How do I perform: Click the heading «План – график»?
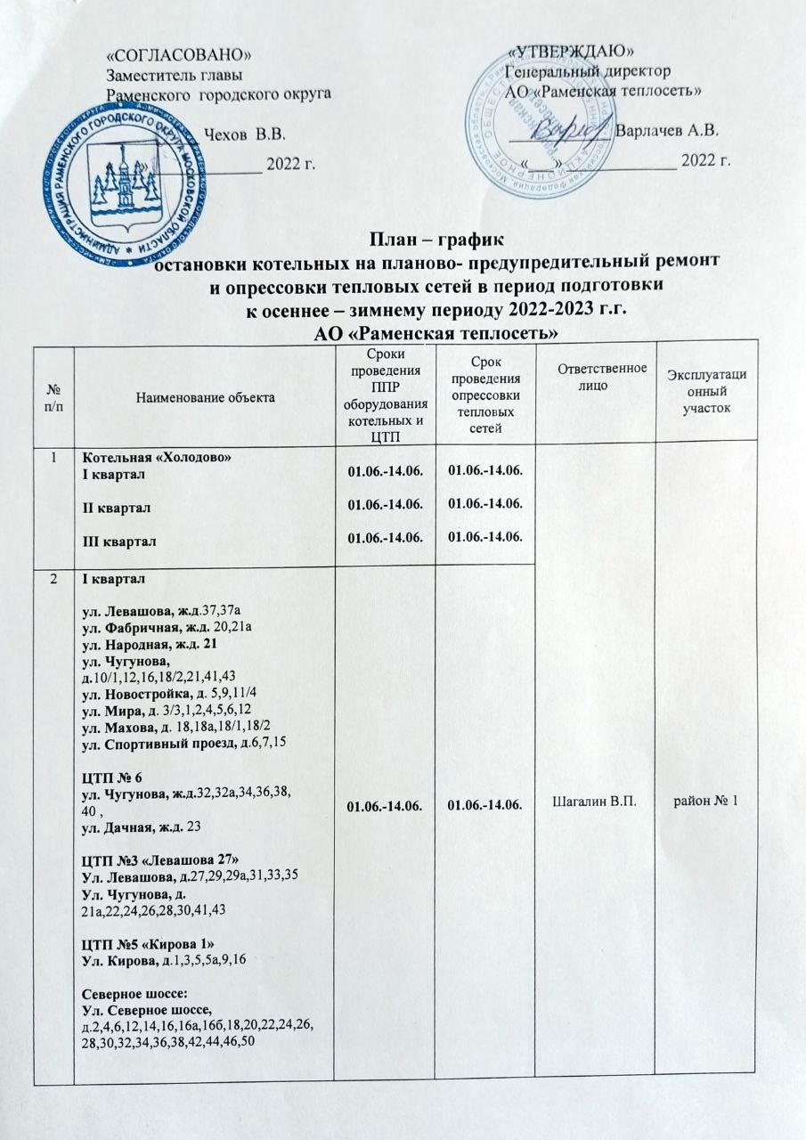tap(436, 240)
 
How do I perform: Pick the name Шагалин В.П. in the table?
tap(593, 804)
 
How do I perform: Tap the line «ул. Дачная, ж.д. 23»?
tap(141, 828)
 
